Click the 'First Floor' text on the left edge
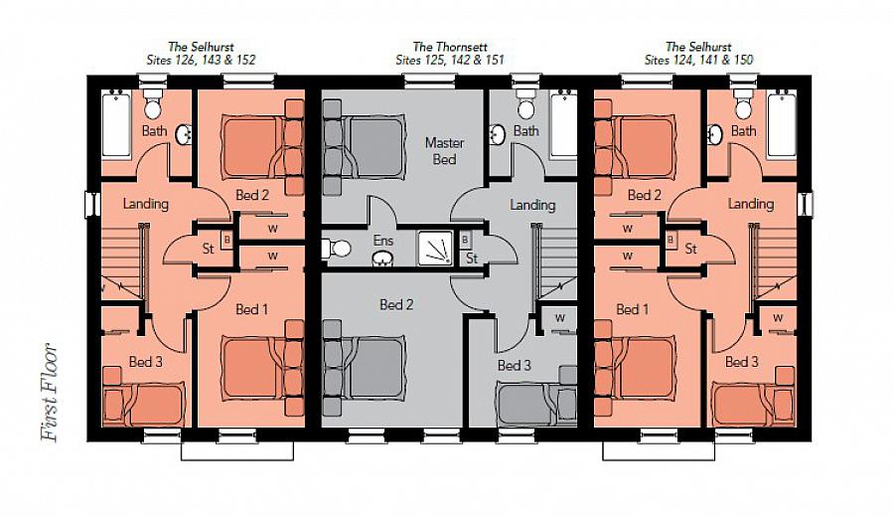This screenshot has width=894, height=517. click(50, 393)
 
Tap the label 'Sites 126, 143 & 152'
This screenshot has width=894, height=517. click(196, 60)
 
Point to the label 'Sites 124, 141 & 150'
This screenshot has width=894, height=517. click(698, 60)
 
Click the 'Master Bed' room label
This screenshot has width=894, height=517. click(444, 150)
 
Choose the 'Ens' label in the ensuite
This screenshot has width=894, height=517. click(383, 240)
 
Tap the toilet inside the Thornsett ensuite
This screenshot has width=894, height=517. click(339, 248)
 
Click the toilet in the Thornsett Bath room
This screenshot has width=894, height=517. click(526, 102)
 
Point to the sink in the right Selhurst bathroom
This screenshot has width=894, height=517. click(714, 133)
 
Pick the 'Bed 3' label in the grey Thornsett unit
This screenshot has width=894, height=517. click(515, 366)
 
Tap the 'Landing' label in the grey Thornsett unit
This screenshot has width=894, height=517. click(532, 205)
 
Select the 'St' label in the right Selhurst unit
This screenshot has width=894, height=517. click(689, 249)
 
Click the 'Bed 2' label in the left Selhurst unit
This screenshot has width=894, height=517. click(252, 195)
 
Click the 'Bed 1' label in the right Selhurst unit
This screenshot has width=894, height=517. click(627, 309)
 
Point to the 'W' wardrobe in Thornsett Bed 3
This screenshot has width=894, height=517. click(560, 318)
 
